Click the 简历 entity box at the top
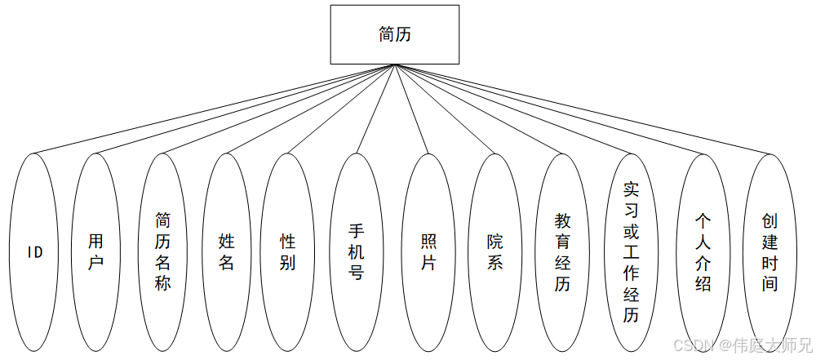(394, 34)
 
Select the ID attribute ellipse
(35, 252)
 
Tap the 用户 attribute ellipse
(96, 252)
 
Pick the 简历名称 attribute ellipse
(162, 252)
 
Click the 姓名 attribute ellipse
(226, 252)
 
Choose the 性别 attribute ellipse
(287, 252)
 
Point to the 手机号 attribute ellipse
(356, 252)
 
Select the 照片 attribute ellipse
(428, 252)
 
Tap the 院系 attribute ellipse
(494, 252)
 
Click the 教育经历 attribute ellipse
(563, 252)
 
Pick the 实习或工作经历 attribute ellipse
(630, 252)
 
